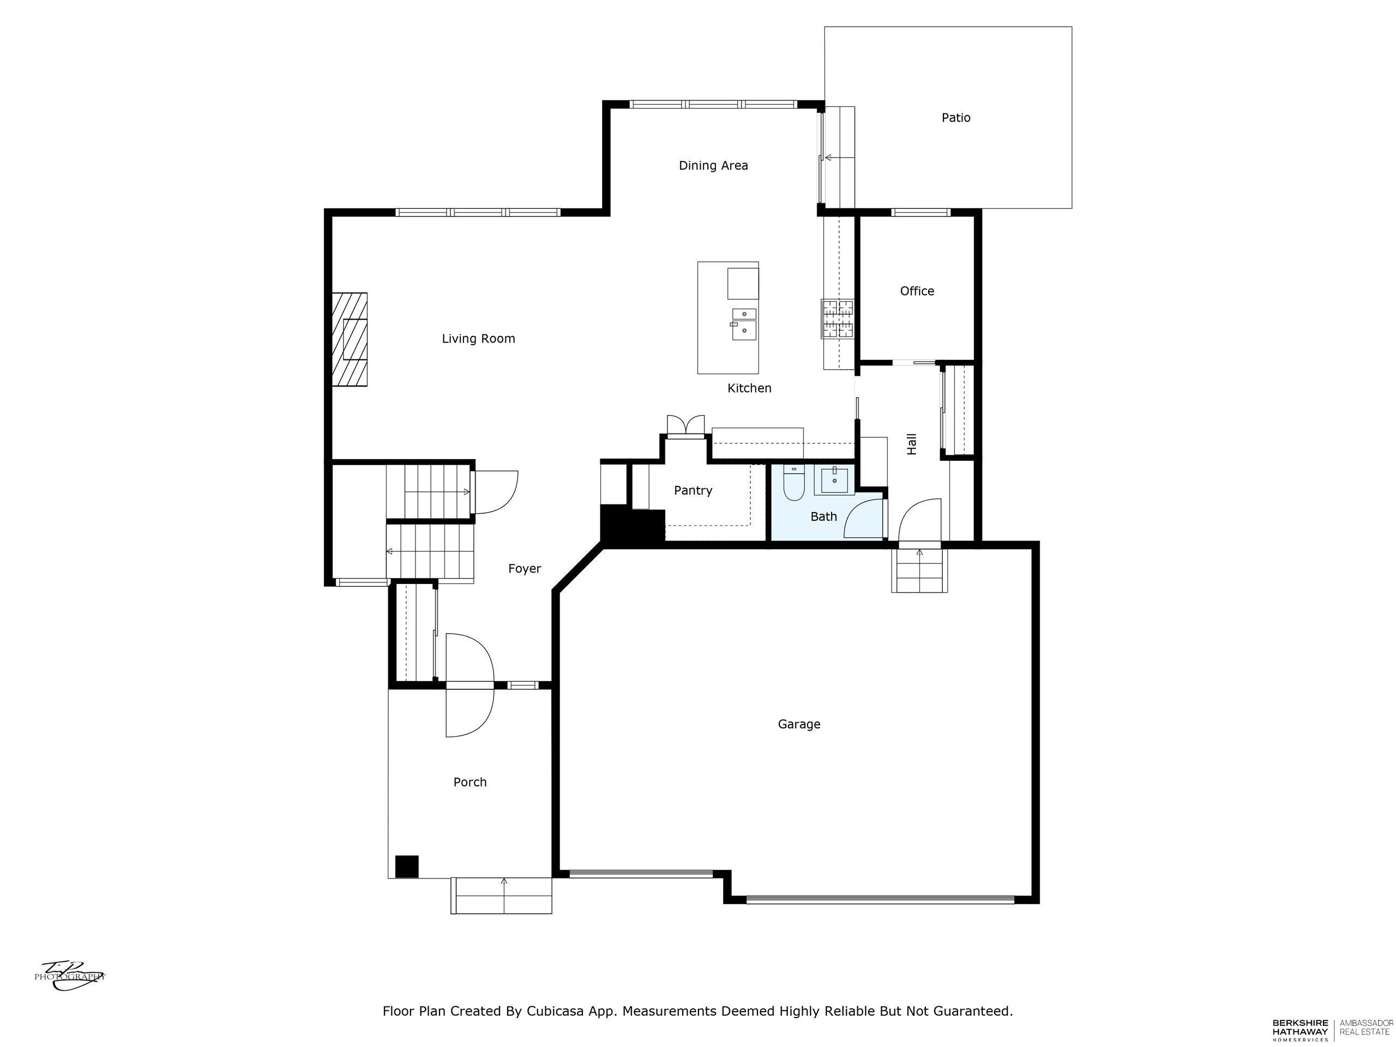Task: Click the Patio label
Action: click(955, 117)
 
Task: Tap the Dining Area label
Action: click(713, 165)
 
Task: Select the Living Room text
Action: click(478, 339)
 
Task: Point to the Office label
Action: click(917, 291)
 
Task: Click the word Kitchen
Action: click(749, 388)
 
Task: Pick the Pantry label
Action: click(693, 490)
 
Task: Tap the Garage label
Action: click(799, 724)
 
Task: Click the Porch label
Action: click(470, 782)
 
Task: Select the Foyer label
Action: click(525, 569)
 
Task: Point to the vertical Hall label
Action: click(911, 444)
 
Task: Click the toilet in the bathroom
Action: click(793, 482)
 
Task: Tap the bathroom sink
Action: click(834, 480)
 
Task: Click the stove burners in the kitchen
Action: click(838, 318)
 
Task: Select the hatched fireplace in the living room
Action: click(350, 339)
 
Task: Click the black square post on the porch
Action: click(407, 866)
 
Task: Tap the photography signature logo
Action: click(69, 976)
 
